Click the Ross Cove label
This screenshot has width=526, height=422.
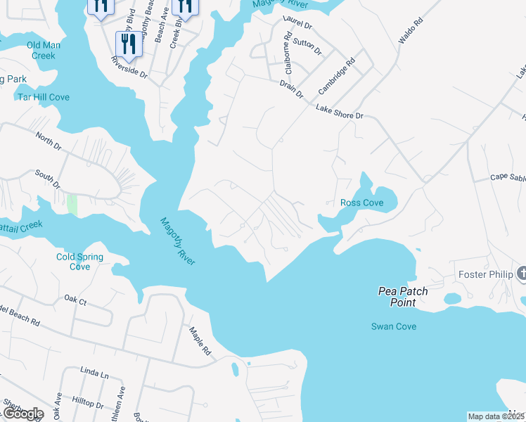click(361, 203)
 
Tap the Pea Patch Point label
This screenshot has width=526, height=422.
click(403, 297)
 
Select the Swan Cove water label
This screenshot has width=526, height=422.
click(394, 326)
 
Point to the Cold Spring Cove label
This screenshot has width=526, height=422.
click(80, 262)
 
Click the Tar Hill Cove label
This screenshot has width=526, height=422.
click(44, 97)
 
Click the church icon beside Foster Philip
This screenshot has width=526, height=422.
click(521, 274)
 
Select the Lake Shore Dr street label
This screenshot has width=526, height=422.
click(340, 112)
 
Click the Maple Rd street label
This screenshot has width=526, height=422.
click(199, 340)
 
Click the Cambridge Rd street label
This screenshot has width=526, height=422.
click(337, 76)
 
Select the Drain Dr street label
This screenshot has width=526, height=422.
click(290, 89)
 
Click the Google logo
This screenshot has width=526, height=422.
click(23, 414)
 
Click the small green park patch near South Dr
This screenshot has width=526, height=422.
click(72, 205)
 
